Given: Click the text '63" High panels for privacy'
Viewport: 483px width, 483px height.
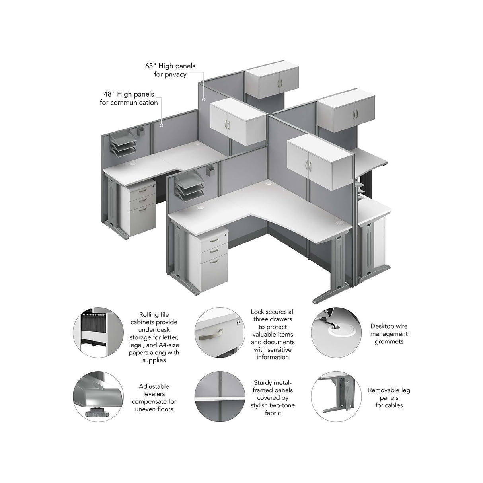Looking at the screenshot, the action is click(170, 70).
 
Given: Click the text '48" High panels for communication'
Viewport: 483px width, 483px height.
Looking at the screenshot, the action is click(129, 99).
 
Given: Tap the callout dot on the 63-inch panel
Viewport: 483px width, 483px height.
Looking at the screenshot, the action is click(204, 99).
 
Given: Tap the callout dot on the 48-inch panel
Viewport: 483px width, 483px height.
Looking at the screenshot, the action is click(162, 125).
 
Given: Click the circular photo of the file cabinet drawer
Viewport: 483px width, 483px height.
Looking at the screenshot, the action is click(98, 332).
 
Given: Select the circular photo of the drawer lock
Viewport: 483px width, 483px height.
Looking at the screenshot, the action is click(220, 332).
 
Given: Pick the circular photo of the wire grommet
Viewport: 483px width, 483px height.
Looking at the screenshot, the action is click(336, 332).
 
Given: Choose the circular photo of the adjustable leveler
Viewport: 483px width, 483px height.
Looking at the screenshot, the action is click(98, 396).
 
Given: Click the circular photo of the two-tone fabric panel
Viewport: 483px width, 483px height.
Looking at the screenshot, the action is click(220, 396).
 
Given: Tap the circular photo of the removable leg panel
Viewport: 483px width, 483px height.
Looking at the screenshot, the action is click(336, 396).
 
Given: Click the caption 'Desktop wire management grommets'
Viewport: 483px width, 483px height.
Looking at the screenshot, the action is click(389, 334).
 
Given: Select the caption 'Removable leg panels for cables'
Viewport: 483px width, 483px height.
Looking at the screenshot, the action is click(389, 398).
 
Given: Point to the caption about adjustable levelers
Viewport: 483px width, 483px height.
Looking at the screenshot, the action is click(154, 398).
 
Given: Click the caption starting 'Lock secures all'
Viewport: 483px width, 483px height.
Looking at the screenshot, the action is click(273, 334).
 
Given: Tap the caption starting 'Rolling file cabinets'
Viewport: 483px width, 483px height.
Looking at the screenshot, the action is click(154, 337).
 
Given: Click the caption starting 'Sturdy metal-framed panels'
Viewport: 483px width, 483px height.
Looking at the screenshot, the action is click(273, 398).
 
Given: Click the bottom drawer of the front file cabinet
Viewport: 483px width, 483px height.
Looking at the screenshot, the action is click(214, 275).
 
